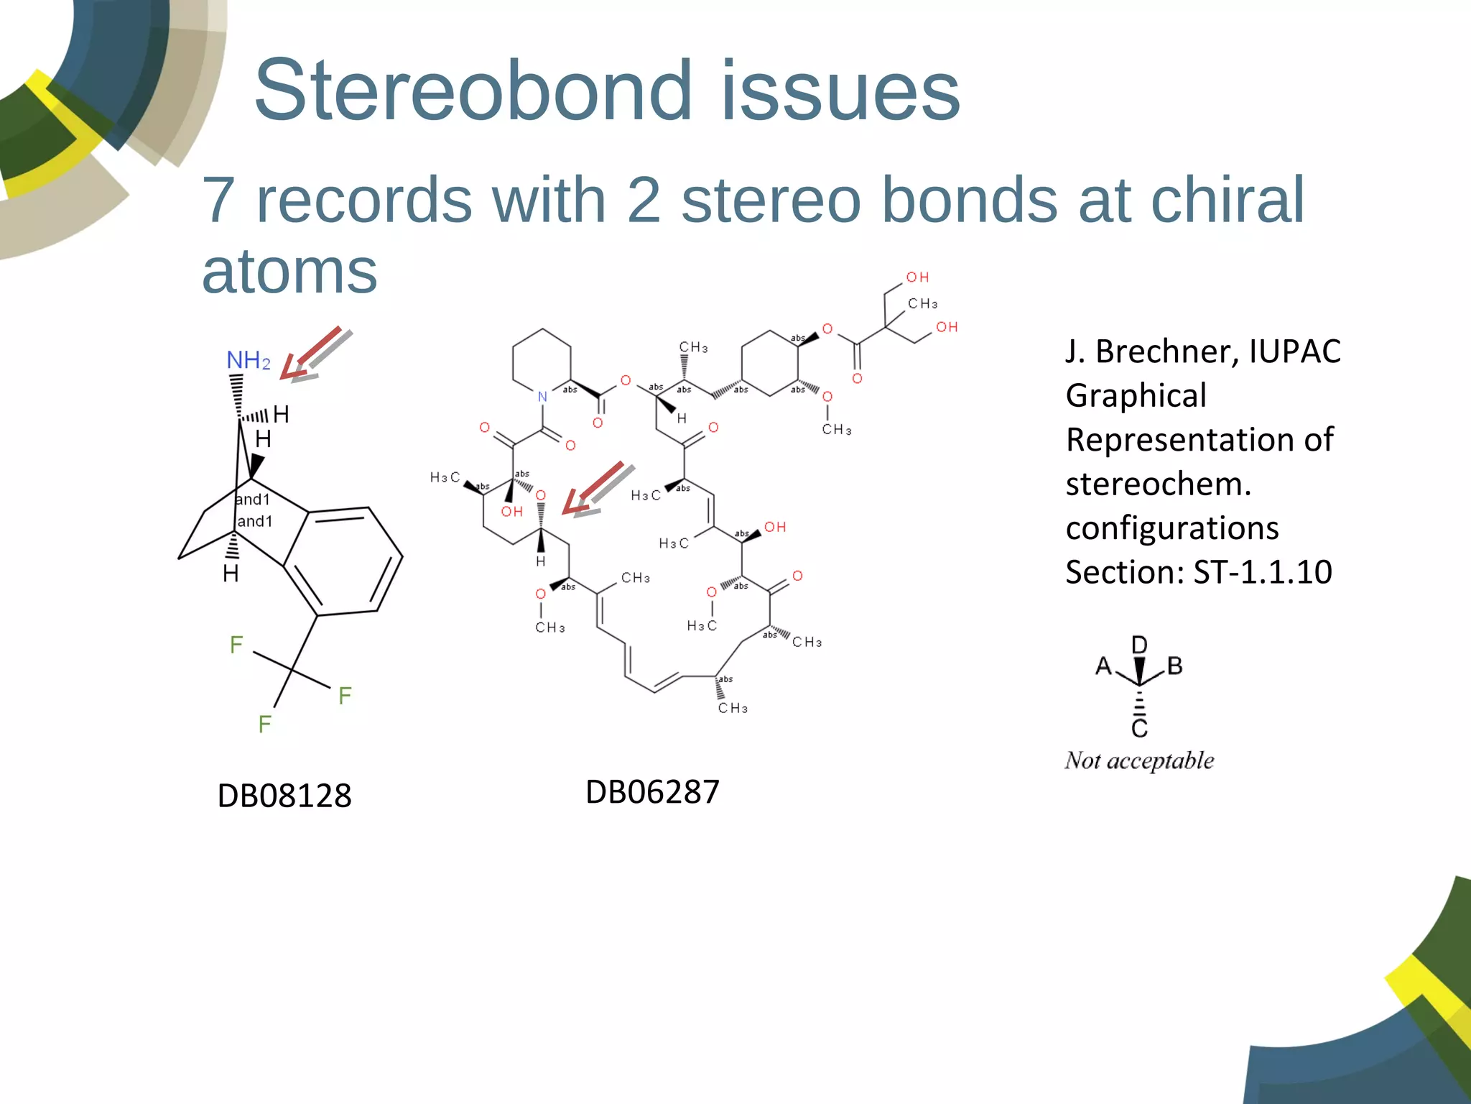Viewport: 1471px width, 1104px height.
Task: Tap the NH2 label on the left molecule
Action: click(x=248, y=360)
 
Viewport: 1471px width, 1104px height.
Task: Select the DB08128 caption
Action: click(x=284, y=796)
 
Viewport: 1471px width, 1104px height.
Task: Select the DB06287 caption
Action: click(x=652, y=792)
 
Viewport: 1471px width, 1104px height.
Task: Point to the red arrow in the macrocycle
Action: click(x=593, y=489)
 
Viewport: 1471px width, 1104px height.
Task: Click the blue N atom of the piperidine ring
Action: click(x=542, y=397)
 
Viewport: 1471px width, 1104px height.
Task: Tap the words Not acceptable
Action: click(x=1139, y=760)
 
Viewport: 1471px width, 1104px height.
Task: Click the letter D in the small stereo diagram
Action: click(x=1139, y=644)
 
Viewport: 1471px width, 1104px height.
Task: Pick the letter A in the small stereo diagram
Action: click(x=1103, y=667)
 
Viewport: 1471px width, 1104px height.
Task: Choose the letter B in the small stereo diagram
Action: click(x=1175, y=666)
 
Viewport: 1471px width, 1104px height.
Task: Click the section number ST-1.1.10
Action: click(x=1263, y=572)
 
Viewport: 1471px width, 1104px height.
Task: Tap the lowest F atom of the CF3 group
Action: click(x=264, y=724)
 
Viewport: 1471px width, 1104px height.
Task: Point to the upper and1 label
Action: click(x=254, y=499)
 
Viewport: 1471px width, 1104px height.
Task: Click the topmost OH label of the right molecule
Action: click(x=917, y=277)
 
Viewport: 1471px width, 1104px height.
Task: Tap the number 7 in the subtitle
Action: click(x=218, y=200)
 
